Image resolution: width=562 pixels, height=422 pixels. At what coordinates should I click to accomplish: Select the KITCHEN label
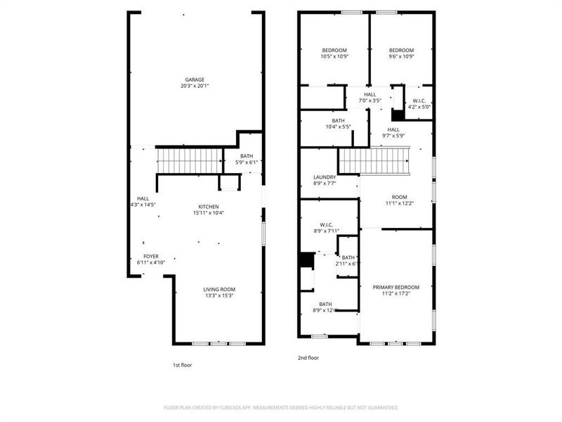[x=208, y=207]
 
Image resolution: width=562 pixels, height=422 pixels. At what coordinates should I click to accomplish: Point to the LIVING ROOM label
[x=219, y=289]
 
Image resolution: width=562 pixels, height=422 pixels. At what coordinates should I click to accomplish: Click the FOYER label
[x=151, y=256]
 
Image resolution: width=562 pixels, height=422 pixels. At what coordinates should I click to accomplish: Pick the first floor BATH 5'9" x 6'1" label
[x=247, y=156]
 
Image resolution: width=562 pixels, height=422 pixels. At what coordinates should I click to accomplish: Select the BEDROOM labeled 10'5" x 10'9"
[x=334, y=50]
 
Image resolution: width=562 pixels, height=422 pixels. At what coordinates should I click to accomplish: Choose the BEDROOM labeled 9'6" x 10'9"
[x=401, y=50]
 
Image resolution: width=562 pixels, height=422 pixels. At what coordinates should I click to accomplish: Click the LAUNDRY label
[x=325, y=177]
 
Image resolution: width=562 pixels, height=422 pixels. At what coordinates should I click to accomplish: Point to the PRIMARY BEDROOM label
[x=396, y=287]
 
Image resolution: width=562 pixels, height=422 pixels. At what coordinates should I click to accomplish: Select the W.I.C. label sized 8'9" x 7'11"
[x=326, y=224]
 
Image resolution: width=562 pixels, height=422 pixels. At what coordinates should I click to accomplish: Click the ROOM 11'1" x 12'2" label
[x=399, y=197]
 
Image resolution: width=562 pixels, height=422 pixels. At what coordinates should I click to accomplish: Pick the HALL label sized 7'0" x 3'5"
[x=370, y=94]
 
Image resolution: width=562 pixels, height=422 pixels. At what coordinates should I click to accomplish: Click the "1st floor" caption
[x=182, y=365]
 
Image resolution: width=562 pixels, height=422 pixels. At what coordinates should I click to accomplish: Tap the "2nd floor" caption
[x=308, y=358]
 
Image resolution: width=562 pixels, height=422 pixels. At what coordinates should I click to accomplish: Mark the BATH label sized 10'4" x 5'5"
[x=334, y=120]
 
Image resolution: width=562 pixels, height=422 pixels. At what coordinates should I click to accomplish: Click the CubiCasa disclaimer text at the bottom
[x=281, y=407]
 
